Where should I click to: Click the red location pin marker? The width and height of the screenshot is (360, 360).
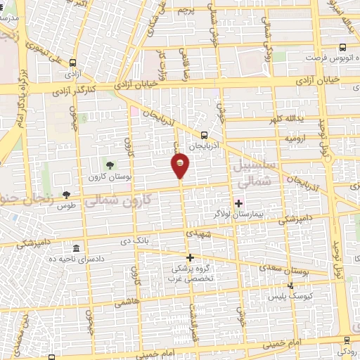181,164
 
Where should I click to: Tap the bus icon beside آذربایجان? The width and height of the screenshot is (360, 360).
204,135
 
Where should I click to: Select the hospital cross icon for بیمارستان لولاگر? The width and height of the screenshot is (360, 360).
238,203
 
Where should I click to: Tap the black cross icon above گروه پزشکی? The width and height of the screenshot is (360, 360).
190,257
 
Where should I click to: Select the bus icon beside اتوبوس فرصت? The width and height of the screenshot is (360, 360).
342,48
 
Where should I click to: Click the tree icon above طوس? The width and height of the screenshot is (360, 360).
67,195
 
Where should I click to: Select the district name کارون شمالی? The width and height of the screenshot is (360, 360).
124,200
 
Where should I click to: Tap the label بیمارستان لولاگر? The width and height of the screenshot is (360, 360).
238,213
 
